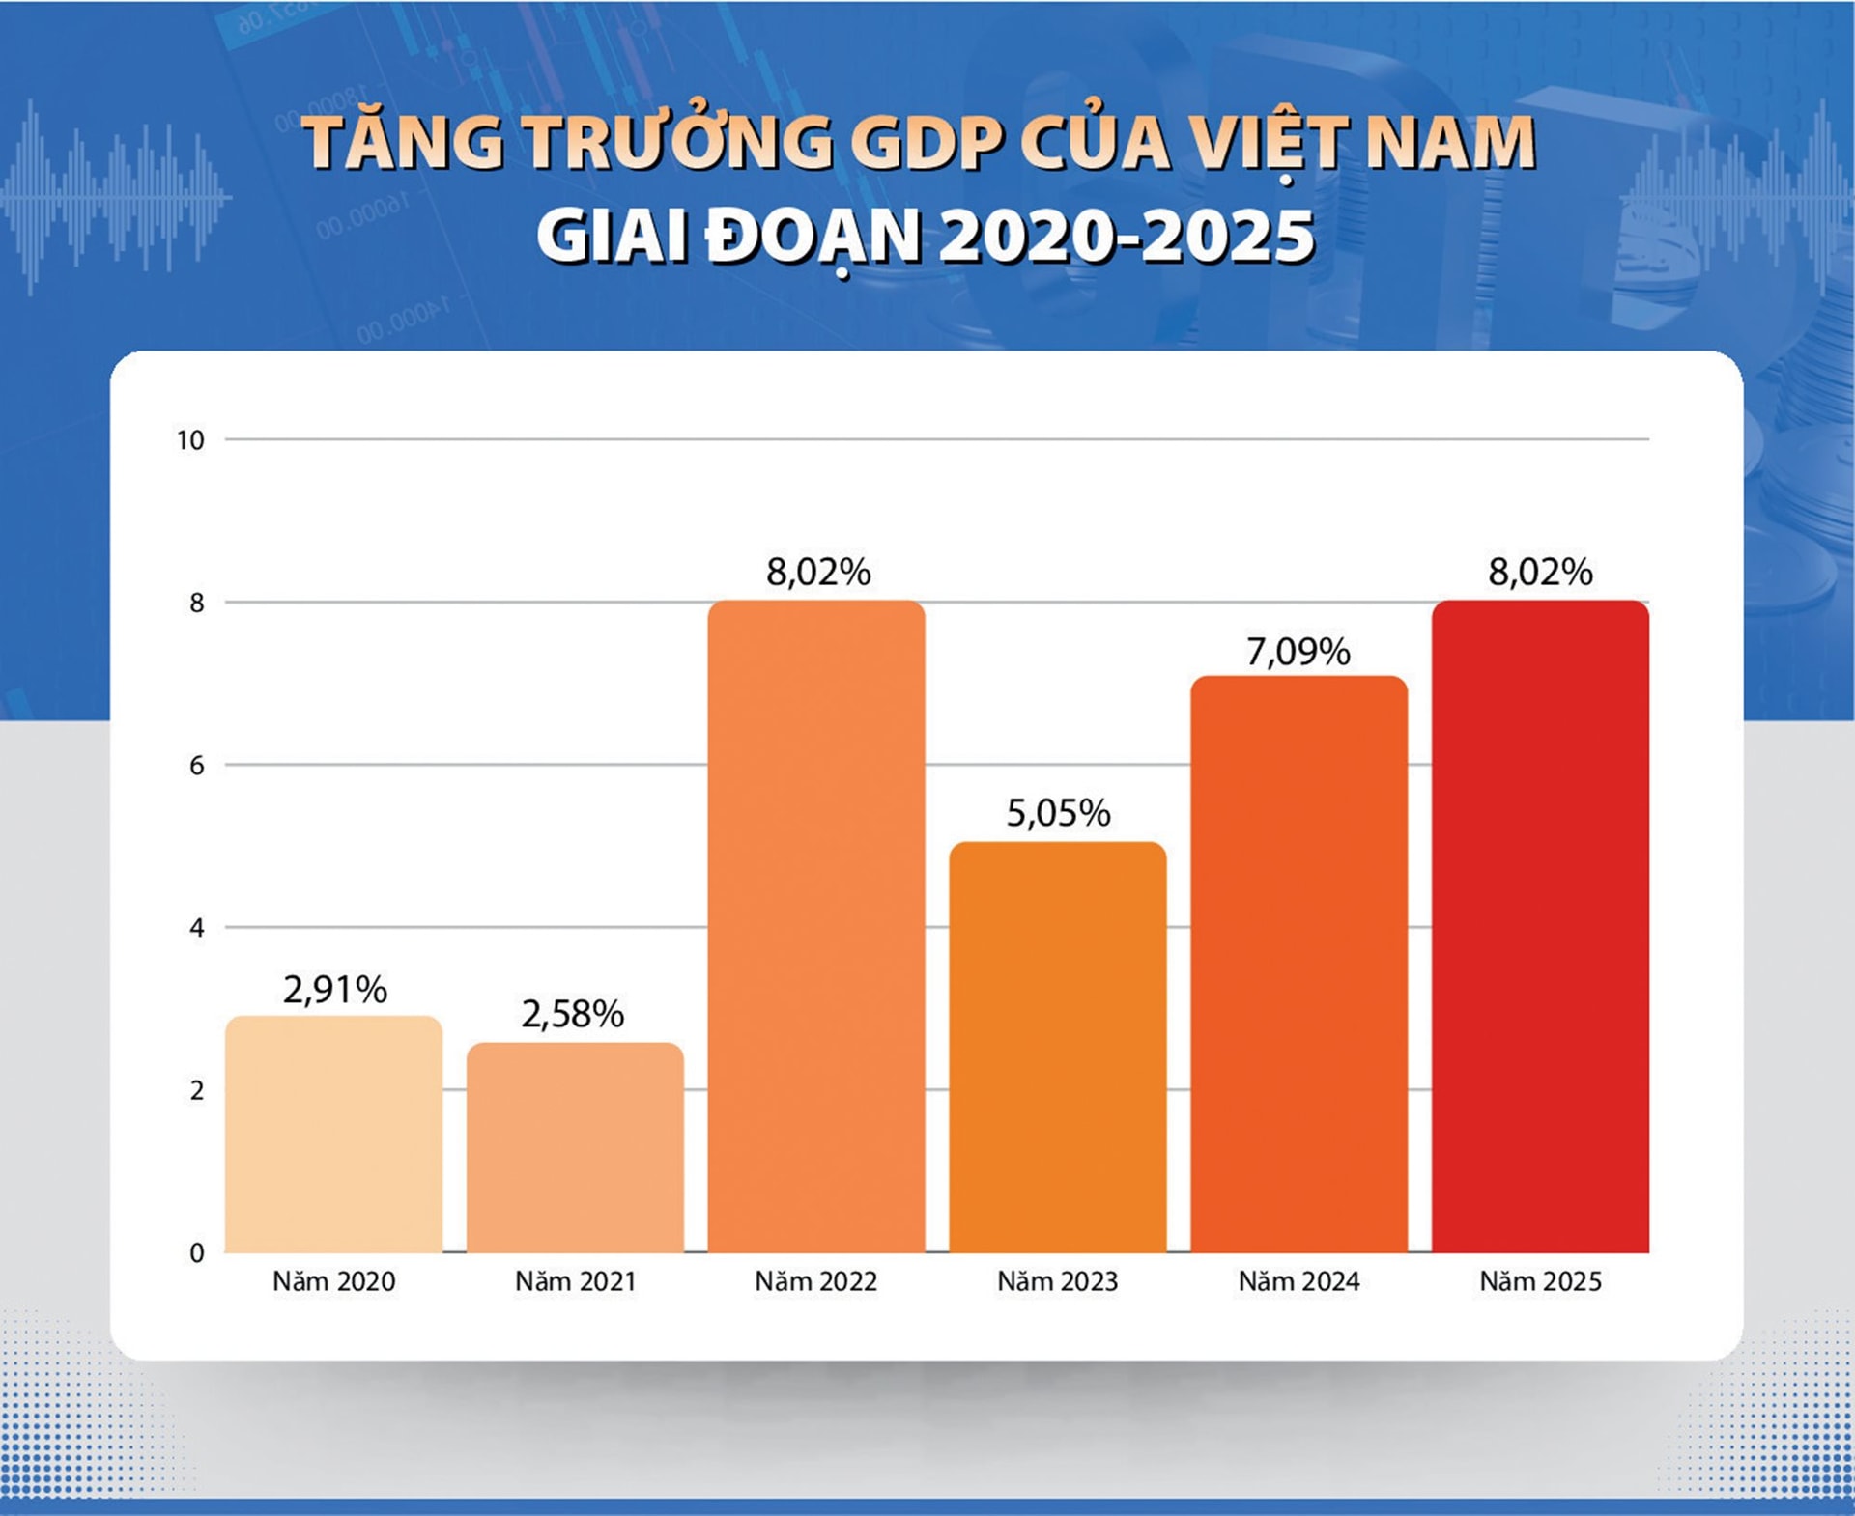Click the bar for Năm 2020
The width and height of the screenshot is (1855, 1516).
point(333,1135)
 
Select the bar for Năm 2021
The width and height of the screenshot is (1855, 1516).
point(575,1148)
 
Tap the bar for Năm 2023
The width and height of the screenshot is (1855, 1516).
point(1057,1048)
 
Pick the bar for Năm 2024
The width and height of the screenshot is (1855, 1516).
point(1298,965)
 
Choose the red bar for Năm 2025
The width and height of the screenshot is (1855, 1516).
point(1540,927)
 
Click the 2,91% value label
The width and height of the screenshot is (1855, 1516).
point(334,990)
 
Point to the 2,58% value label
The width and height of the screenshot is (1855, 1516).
point(573,1015)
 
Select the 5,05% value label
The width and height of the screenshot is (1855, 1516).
point(1058,813)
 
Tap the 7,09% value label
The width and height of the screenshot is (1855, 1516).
point(1298,653)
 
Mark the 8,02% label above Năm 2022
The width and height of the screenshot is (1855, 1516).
point(818,573)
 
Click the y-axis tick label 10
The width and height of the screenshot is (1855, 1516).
point(190,441)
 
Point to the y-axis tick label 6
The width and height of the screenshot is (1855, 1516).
point(197,766)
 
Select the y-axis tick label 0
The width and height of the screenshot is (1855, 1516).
point(197,1253)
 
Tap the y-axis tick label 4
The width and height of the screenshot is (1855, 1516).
point(197,928)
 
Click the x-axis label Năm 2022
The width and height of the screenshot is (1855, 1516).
point(816,1281)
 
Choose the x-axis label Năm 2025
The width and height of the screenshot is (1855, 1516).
point(1540,1281)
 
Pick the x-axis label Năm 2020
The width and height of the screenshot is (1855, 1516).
point(333,1281)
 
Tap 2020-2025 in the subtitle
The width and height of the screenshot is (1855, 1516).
point(1126,237)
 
